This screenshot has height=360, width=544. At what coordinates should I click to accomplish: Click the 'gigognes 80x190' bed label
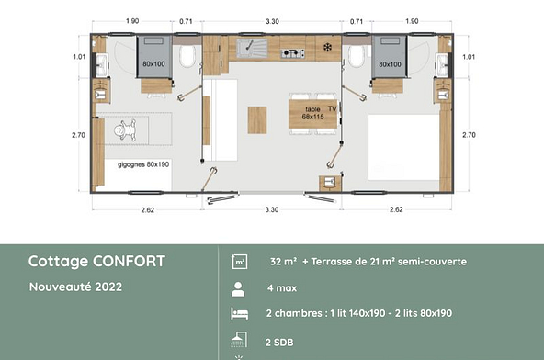[x=143, y=164]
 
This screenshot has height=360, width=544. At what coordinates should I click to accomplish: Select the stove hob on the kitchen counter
[x=293, y=52]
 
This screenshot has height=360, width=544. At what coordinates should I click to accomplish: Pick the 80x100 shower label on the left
[x=155, y=64]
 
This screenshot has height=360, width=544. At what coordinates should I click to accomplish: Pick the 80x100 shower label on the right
[x=389, y=64]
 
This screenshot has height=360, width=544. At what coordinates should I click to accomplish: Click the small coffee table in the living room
[x=258, y=117]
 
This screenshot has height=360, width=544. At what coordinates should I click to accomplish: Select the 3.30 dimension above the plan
[x=272, y=19]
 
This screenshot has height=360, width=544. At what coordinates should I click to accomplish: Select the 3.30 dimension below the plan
[x=272, y=209]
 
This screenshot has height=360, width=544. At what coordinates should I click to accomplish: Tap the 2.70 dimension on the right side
[x=470, y=134]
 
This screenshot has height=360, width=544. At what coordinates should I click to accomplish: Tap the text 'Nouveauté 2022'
[x=75, y=286]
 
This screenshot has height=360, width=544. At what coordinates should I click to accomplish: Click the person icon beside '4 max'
[x=238, y=287]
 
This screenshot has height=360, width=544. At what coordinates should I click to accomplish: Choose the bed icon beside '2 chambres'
[x=238, y=314]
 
